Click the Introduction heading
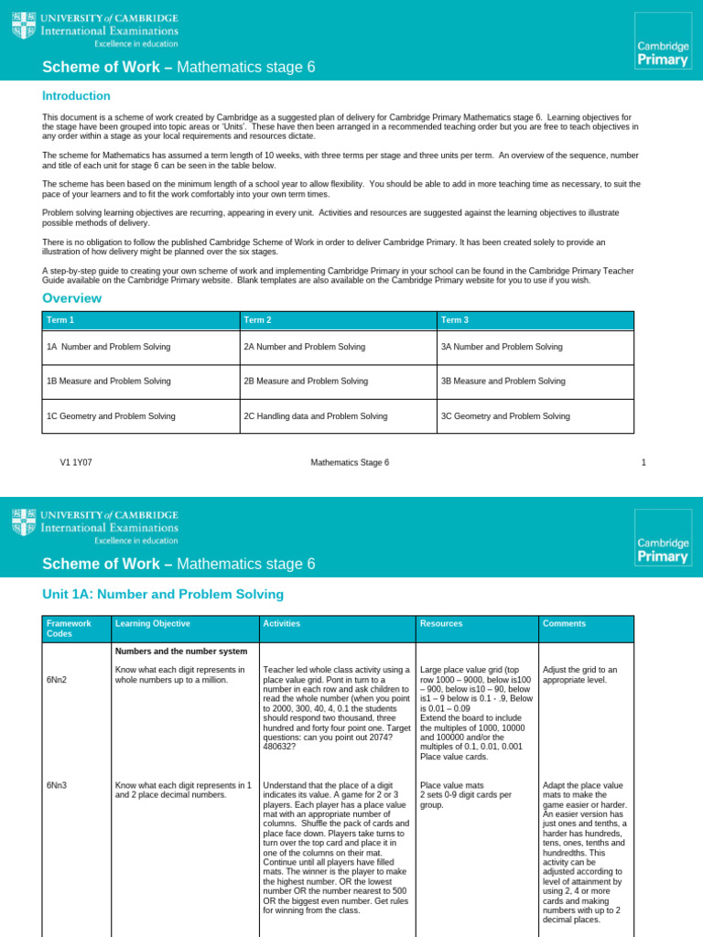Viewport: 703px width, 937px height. (76, 96)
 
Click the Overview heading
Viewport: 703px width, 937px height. (71, 298)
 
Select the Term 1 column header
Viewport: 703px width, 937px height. (60, 319)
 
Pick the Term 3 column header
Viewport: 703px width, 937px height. (456, 319)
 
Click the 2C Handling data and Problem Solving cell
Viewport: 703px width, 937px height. (315, 415)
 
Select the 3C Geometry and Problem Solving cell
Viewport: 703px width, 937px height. (505, 415)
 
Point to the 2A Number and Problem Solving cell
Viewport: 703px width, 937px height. (304, 347)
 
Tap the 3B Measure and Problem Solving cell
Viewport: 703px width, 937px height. (503, 381)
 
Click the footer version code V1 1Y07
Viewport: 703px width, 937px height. (76, 462)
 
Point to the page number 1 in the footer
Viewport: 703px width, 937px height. (644, 462)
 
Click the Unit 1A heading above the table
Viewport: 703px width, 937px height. (163, 595)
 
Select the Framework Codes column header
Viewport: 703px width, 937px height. (68, 629)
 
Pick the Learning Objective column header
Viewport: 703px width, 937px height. (152, 623)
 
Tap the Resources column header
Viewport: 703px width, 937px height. (441, 623)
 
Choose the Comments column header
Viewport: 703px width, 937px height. (564, 623)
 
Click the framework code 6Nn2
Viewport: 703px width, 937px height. (57, 681)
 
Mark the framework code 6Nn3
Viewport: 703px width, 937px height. (57, 785)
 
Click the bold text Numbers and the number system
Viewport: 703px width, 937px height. (180, 652)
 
